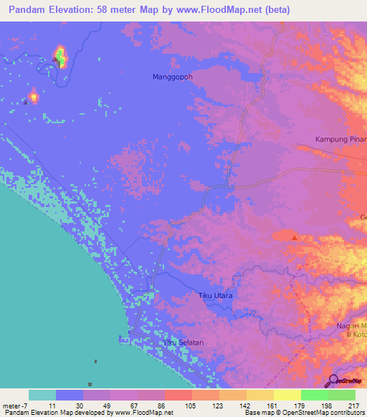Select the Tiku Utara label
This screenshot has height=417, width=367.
coord(216,295)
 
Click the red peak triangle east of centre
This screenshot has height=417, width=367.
coord(295,236)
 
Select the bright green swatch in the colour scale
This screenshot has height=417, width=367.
coord(314,395)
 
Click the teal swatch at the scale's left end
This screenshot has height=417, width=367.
coord(42,395)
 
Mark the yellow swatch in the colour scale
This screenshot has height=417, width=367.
coord(287,395)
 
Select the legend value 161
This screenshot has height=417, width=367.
coord(272,406)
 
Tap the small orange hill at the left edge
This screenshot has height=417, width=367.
coord(33,95)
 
